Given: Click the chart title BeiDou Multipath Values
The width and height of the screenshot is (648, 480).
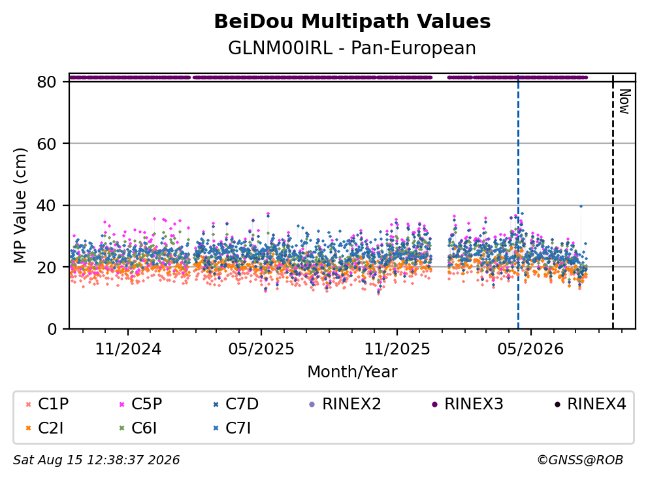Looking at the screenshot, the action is click(x=352, y=22).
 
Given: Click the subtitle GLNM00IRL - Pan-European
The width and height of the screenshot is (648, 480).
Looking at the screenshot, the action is click(x=352, y=48).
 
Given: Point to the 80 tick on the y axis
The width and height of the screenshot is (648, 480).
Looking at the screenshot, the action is click(x=46, y=82).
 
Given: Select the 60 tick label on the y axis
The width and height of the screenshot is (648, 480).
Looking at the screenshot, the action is click(x=46, y=144).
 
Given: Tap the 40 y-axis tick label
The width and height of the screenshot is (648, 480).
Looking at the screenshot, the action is click(x=46, y=205).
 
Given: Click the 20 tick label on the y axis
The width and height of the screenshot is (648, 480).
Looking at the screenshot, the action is click(x=46, y=267).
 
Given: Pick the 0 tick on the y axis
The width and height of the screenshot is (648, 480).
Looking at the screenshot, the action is click(x=52, y=329).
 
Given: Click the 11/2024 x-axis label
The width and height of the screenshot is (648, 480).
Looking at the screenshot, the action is click(x=128, y=349).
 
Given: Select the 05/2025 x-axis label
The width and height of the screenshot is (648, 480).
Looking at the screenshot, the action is click(x=261, y=349).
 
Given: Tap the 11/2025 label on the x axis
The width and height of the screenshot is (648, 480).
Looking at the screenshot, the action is click(x=397, y=349).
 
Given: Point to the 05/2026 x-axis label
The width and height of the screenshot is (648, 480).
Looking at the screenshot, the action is click(x=530, y=349).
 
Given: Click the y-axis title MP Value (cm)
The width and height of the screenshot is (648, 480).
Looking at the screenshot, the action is click(x=20, y=205).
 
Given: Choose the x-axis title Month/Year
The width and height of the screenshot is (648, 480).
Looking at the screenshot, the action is click(x=352, y=371).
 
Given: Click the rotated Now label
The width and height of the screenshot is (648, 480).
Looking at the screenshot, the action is click(x=624, y=101).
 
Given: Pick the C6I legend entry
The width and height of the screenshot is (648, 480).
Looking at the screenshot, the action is click(x=138, y=428).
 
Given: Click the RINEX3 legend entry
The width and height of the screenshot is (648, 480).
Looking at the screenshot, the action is click(x=468, y=404).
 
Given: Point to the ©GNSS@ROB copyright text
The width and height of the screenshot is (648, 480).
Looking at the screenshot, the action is click(x=580, y=460).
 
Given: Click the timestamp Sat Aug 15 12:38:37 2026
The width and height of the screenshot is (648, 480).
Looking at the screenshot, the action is click(x=96, y=460).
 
